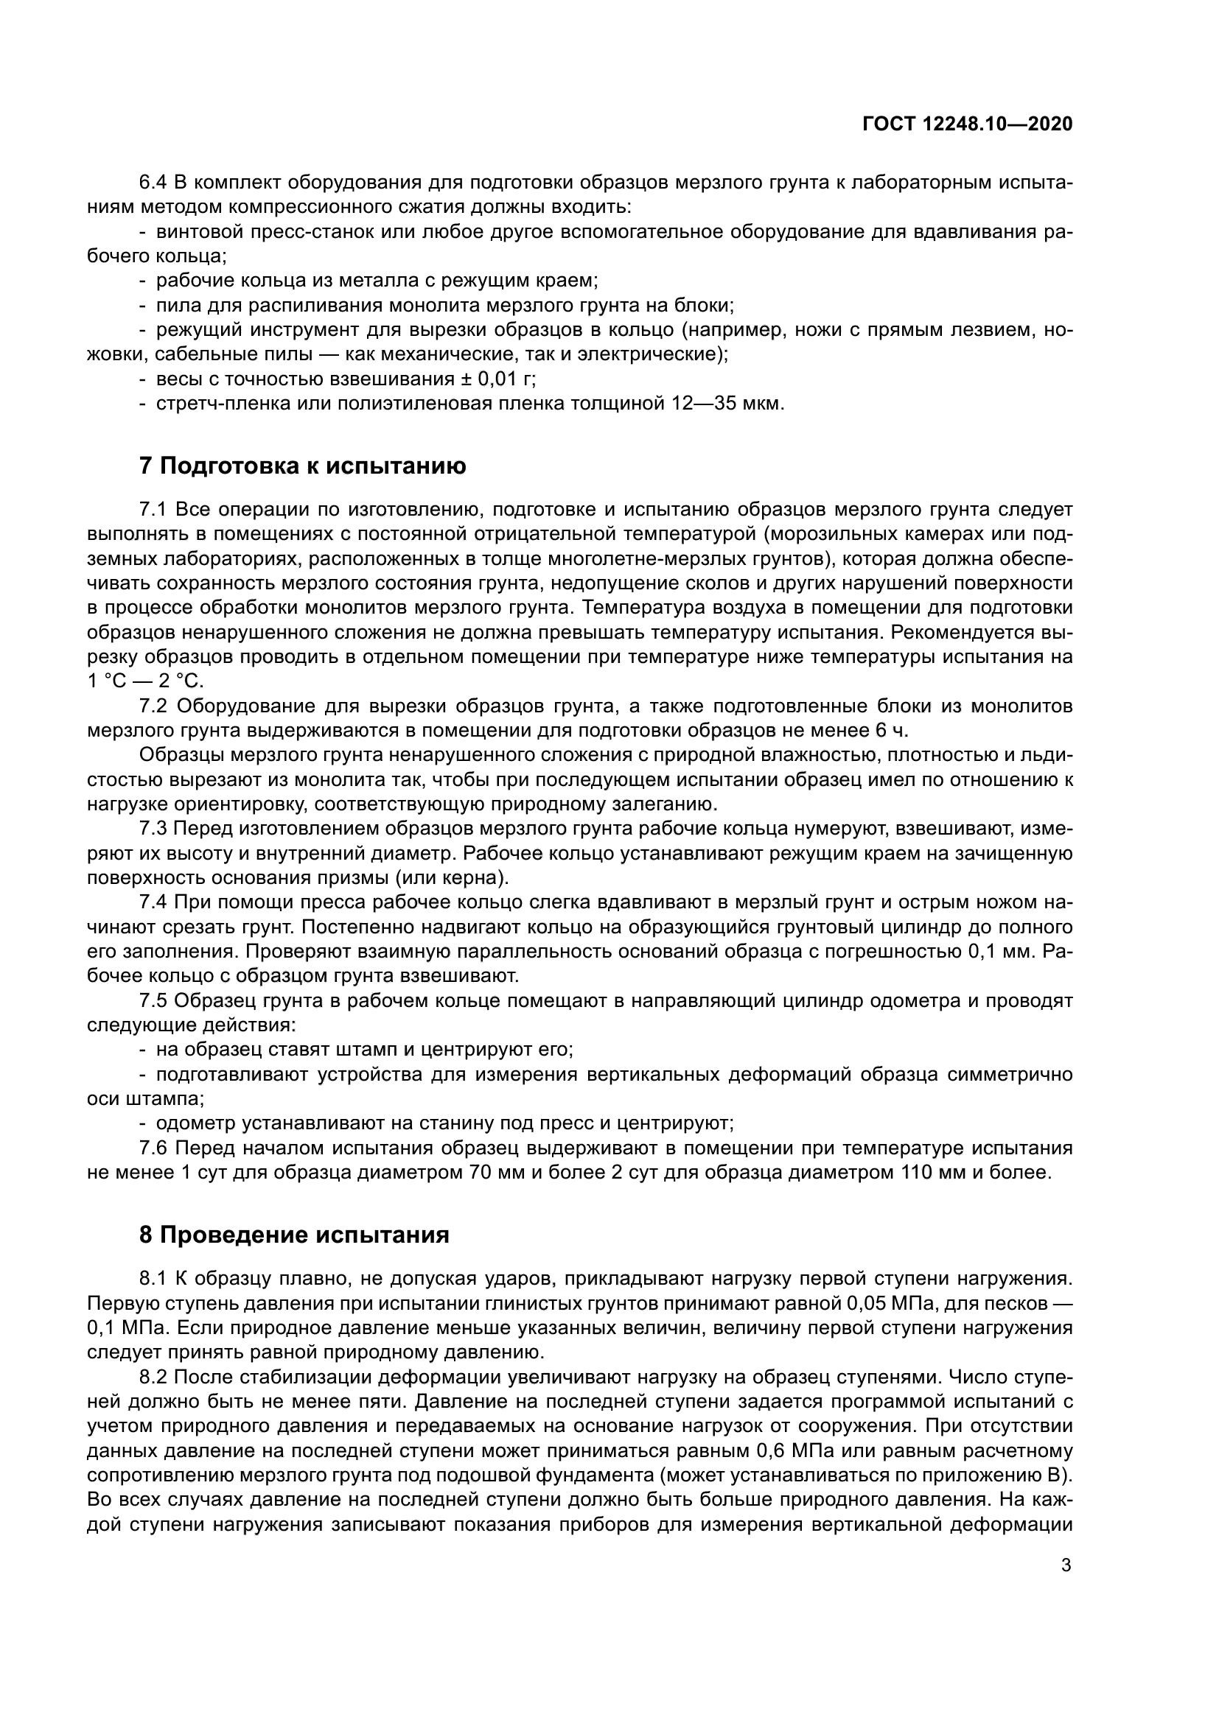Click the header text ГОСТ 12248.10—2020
pos(968,124)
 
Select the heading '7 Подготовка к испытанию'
pos(302,466)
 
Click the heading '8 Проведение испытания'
pos(293,1235)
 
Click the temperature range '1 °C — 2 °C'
pos(145,681)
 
